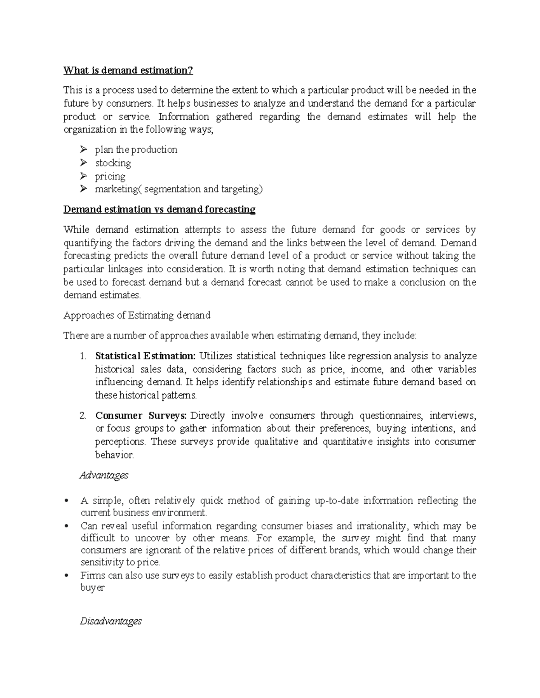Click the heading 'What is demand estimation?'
(x=128, y=71)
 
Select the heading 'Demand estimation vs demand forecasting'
(x=159, y=209)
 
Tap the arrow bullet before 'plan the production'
(x=83, y=150)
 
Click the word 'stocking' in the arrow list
(x=113, y=163)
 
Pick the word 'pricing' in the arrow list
(x=110, y=176)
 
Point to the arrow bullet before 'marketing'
(x=83, y=189)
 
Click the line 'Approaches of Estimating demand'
(x=137, y=316)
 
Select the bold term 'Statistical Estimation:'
(x=145, y=356)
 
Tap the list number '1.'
(x=82, y=356)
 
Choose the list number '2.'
(x=82, y=416)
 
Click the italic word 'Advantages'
(x=104, y=476)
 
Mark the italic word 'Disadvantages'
(x=111, y=622)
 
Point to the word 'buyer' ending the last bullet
(x=92, y=588)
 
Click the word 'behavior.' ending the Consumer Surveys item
(x=114, y=455)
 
